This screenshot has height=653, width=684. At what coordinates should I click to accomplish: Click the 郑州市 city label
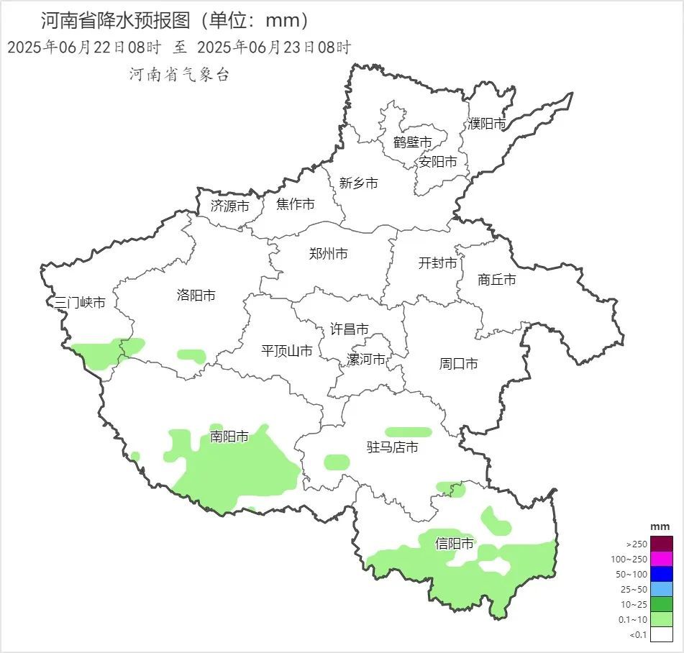click(x=328, y=254)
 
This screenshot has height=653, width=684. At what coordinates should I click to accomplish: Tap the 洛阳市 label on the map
click(x=196, y=295)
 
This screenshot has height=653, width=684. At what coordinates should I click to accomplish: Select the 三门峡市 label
click(x=80, y=303)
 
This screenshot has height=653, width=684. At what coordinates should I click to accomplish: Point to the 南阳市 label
click(x=229, y=437)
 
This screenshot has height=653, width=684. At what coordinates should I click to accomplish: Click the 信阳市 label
click(x=455, y=544)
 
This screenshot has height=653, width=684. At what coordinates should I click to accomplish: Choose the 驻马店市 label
click(x=392, y=447)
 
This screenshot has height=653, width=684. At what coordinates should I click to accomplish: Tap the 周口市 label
click(x=458, y=364)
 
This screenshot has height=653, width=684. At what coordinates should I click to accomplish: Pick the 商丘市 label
click(x=496, y=280)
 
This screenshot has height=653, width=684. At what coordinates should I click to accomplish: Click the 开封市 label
click(x=437, y=263)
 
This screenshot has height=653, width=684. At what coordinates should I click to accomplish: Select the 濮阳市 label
click(x=487, y=124)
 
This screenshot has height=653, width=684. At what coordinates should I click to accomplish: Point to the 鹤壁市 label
click(x=412, y=142)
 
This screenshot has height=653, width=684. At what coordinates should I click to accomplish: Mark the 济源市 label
click(x=229, y=206)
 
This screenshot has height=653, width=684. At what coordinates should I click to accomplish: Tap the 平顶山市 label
click(x=286, y=351)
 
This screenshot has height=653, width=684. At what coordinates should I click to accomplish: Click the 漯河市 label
click(x=365, y=360)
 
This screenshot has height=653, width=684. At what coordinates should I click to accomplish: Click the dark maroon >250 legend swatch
click(x=662, y=544)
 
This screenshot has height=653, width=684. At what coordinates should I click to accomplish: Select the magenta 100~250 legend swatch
click(x=662, y=559)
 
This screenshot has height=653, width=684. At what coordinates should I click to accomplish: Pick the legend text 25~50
click(x=634, y=589)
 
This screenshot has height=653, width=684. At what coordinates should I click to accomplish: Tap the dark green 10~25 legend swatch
click(x=662, y=604)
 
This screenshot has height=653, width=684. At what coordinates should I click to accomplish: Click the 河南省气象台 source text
click(x=179, y=75)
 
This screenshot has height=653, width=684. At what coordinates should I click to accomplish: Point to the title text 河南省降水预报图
click(x=115, y=19)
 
